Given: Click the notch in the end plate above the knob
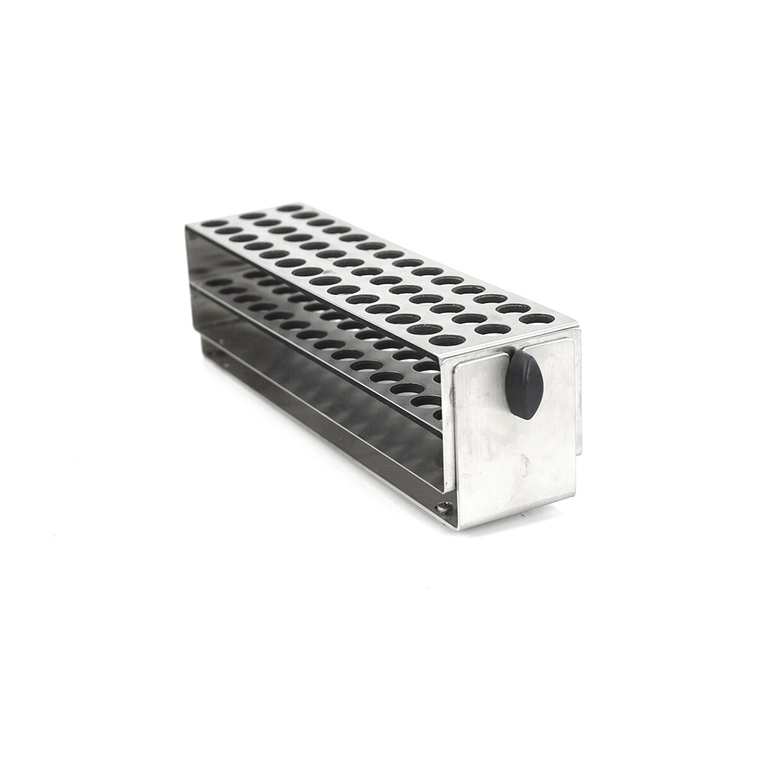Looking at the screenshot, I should click(515, 349).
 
